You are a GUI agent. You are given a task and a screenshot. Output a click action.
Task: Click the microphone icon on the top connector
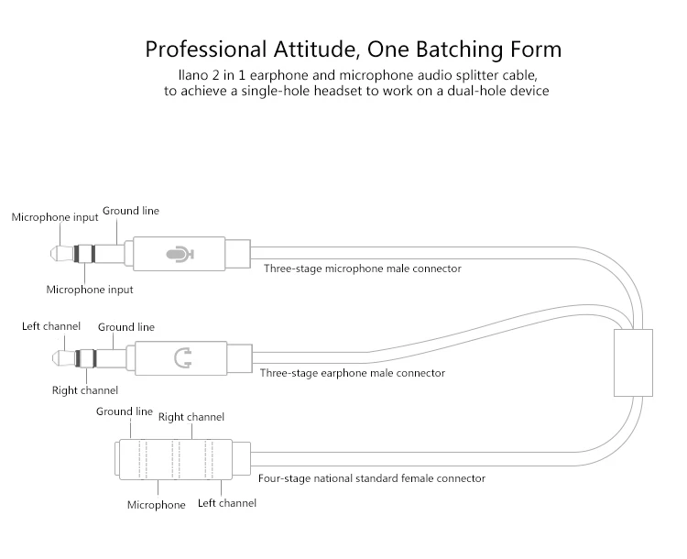180,254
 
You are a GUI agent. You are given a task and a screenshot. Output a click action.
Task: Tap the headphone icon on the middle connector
182,358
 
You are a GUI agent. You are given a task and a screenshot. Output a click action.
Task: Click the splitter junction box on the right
633,363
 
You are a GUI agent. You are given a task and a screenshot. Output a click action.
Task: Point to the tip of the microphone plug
50,254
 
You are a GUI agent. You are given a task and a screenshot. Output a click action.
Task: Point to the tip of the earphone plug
52,358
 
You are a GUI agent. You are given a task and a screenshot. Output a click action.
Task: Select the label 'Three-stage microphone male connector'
363,269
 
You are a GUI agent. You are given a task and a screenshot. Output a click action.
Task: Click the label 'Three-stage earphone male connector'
353,373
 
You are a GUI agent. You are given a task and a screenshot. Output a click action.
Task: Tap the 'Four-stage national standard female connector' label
372,477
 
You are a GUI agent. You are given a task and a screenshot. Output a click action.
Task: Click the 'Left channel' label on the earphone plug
51,326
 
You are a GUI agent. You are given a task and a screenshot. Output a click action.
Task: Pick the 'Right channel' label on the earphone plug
85,390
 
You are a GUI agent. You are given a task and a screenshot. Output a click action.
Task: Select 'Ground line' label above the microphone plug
131,211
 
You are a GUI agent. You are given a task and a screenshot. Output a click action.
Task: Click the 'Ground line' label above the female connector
125,411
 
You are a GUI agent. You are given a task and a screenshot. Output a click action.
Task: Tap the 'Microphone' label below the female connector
157,505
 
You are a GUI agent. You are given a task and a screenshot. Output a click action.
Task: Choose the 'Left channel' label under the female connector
227,503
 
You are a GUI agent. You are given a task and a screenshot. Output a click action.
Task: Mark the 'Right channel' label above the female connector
191,417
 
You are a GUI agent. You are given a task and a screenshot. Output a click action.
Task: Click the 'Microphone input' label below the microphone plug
90,290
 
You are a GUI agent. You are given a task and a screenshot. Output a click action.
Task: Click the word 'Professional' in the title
206,49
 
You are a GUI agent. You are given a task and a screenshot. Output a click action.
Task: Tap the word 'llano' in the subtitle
193,75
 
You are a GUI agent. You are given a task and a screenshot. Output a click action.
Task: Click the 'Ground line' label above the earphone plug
126,327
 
